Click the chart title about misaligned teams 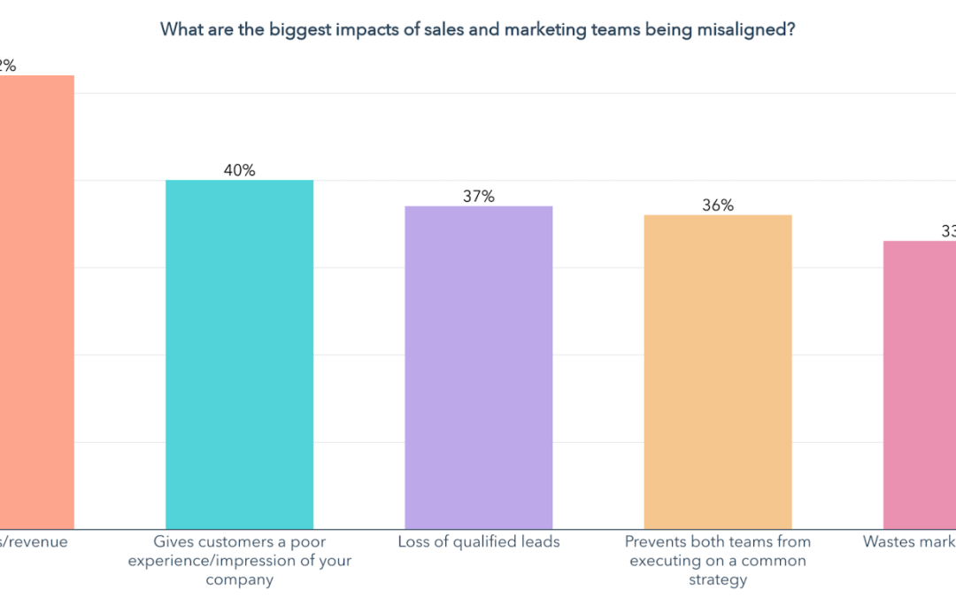[x=477, y=29]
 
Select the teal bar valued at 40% [x=239, y=354]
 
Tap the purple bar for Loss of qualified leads [x=478, y=368]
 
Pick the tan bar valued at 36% [x=717, y=372]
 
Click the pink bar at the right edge [x=921, y=385]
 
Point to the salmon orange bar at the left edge [x=36, y=301]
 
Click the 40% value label [x=239, y=170]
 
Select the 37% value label [x=478, y=196]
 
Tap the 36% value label [x=717, y=205]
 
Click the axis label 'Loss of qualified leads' [x=478, y=541]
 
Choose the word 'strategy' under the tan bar [x=717, y=580]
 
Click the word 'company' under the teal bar [x=239, y=580]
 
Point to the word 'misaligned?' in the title [x=751, y=29]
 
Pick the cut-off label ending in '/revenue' [x=34, y=541]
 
